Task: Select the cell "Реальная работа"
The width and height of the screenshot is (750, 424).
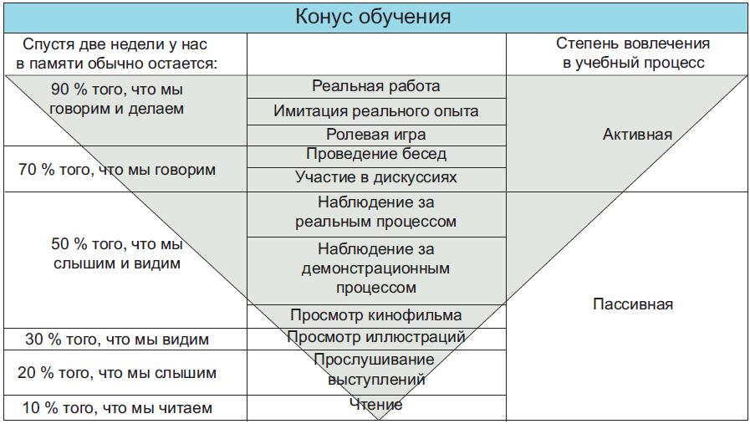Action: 375,86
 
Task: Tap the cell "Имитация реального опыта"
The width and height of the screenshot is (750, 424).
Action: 375,111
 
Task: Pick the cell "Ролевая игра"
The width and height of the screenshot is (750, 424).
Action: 375,135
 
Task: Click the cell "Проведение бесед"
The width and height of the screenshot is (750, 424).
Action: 375,155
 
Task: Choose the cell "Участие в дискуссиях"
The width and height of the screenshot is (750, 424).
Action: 375,177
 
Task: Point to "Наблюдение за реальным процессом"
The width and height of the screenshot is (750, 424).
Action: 375,212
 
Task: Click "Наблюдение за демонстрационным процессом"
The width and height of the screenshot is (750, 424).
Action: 375,268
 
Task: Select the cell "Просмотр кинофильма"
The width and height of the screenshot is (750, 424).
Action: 375,315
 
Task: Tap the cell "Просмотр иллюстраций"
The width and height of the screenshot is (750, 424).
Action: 375,337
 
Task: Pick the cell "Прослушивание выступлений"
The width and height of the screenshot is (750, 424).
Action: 375,370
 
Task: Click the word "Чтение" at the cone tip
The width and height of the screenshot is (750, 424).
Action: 375,405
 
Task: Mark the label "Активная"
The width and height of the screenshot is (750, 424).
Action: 637,134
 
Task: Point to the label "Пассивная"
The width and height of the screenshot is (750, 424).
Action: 632,304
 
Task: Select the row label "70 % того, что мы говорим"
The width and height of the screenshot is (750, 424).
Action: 117,170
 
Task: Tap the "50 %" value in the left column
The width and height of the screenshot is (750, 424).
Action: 69,244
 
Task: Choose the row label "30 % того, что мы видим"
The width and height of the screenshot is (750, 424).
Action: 117,340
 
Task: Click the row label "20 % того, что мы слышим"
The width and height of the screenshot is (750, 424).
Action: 117,373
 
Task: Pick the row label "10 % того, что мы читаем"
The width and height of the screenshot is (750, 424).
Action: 117,408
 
